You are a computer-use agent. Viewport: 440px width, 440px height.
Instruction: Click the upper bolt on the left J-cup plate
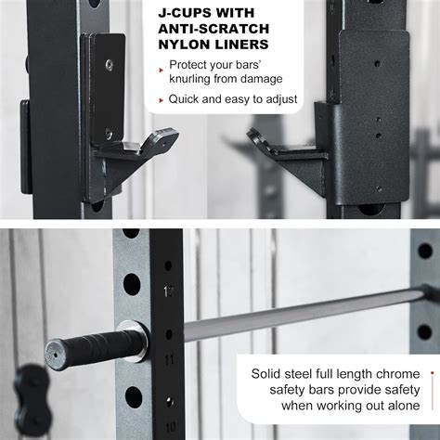pyautogui.click(x=110, y=65)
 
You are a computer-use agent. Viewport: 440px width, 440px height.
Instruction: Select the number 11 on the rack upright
pyautogui.click(x=169, y=356)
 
